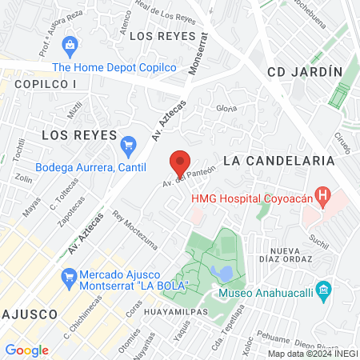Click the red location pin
[x=181, y=163]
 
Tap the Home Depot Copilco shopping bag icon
[x=70, y=45]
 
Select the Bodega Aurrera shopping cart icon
[x=128, y=146]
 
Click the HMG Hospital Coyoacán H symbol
[x=323, y=194]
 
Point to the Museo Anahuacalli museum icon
[x=323, y=289]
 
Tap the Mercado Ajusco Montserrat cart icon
[x=69, y=279]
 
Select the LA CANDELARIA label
[x=278, y=160]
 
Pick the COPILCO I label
[x=45, y=84]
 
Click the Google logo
[x=26, y=350]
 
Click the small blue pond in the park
[x=226, y=274]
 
